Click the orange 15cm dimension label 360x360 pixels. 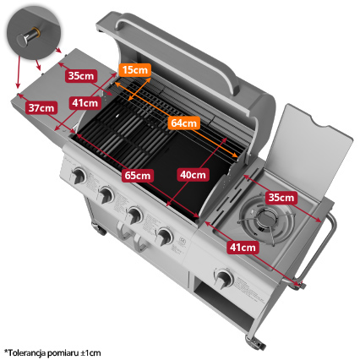135,70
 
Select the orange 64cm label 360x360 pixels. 183,123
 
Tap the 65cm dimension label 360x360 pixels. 138,175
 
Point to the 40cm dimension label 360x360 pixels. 193,175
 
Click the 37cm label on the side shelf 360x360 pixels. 41,107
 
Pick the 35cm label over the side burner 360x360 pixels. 281,198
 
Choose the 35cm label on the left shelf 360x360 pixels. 81,75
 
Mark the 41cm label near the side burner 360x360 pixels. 243,248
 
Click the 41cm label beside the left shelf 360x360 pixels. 85,103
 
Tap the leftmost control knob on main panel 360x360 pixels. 78,176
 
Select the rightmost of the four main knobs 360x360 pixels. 164,236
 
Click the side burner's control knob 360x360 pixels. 224,278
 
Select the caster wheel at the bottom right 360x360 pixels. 255,341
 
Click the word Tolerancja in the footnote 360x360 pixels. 26,352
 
